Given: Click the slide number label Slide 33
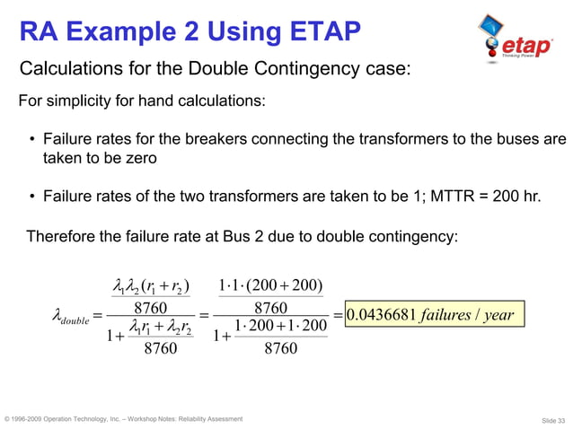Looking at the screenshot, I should click(x=549, y=420).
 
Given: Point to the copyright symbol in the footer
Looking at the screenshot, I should click(x=8, y=419).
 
